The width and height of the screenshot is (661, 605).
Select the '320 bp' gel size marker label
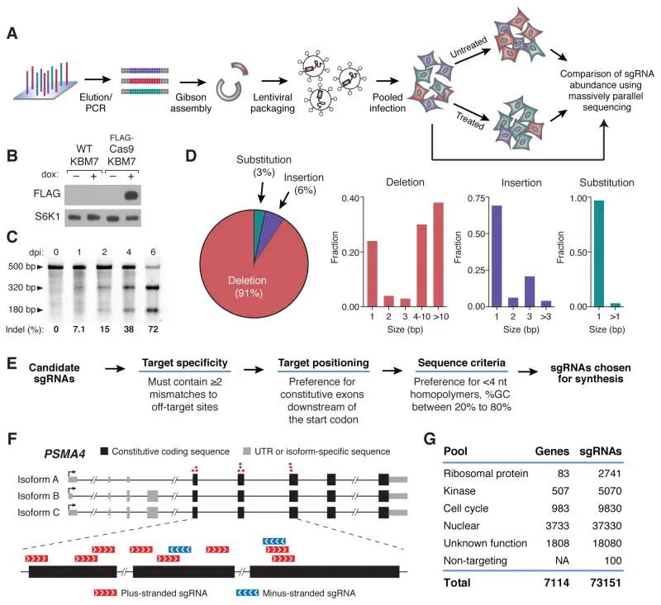[x=24, y=287]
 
